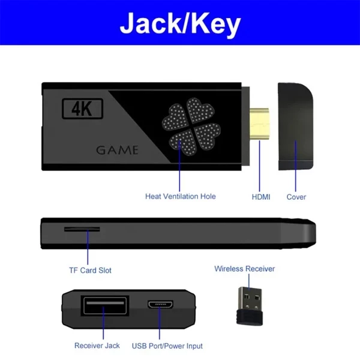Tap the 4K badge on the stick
[x=83, y=109]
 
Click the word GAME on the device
[x=117, y=149]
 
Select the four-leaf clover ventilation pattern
[x=189, y=123]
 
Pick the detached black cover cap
[x=296, y=127]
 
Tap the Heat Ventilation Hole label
[x=180, y=196]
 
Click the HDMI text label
[x=260, y=197]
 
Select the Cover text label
[x=296, y=197]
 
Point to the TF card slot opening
[x=82, y=229]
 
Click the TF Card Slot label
[x=90, y=270]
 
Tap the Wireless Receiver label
[x=244, y=269]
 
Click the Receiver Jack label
[x=97, y=345]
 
